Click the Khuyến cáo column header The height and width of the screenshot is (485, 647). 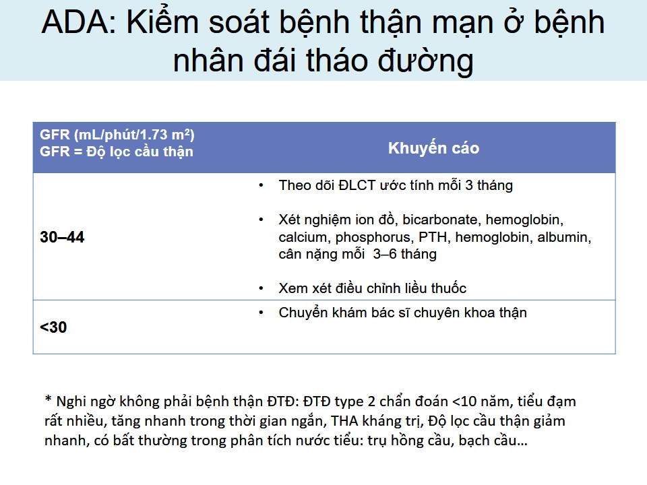click(x=433, y=148)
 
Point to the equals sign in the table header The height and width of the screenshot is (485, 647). click(x=78, y=152)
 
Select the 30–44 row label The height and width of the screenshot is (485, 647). click(x=62, y=237)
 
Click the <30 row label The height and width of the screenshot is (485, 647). click(x=53, y=327)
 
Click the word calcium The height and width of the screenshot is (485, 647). click(x=305, y=237)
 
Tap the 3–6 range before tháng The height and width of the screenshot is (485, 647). click(x=385, y=254)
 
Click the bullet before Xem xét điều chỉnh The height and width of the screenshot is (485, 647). click(x=261, y=288)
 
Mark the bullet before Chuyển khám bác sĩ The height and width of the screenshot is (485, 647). click(x=261, y=313)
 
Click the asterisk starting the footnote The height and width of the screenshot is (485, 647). click(x=49, y=399)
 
